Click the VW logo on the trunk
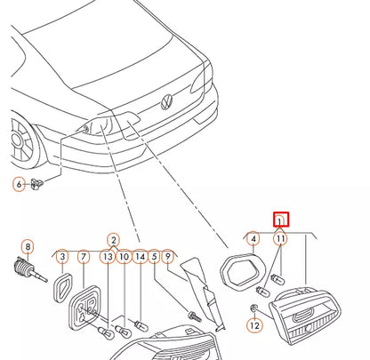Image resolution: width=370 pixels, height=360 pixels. [x=167, y=102]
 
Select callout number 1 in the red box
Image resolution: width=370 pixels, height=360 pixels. [x=280, y=220]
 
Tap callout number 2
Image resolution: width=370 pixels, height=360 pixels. [x=113, y=240]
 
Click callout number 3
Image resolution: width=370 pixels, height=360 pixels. [x=62, y=256]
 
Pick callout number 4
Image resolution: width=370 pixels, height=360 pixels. [x=253, y=238]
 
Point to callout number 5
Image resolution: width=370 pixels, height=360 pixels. [x=154, y=256]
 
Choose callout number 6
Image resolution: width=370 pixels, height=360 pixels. [x=19, y=184]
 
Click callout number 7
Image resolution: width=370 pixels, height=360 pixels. [x=84, y=256]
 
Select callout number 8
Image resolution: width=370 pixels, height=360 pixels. [x=28, y=247]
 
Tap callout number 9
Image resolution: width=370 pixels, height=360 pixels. [x=168, y=256]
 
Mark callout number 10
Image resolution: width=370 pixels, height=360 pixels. [x=124, y=256]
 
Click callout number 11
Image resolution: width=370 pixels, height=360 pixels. [x=280, y=238]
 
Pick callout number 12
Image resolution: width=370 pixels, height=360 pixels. [x=254, y=325]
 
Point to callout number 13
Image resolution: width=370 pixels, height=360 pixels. [x=108, y=256]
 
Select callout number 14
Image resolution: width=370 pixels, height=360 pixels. [x=140, y=256]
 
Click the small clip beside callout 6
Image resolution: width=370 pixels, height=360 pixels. [x=36, y=184]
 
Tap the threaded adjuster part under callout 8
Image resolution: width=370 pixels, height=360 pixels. [x=30, y=269]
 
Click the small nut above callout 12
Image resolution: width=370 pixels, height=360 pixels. [x=253, y=308]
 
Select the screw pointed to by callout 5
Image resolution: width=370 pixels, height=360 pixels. [x=195, y=316]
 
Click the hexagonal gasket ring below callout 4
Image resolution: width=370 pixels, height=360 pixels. [x=242, y=270]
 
